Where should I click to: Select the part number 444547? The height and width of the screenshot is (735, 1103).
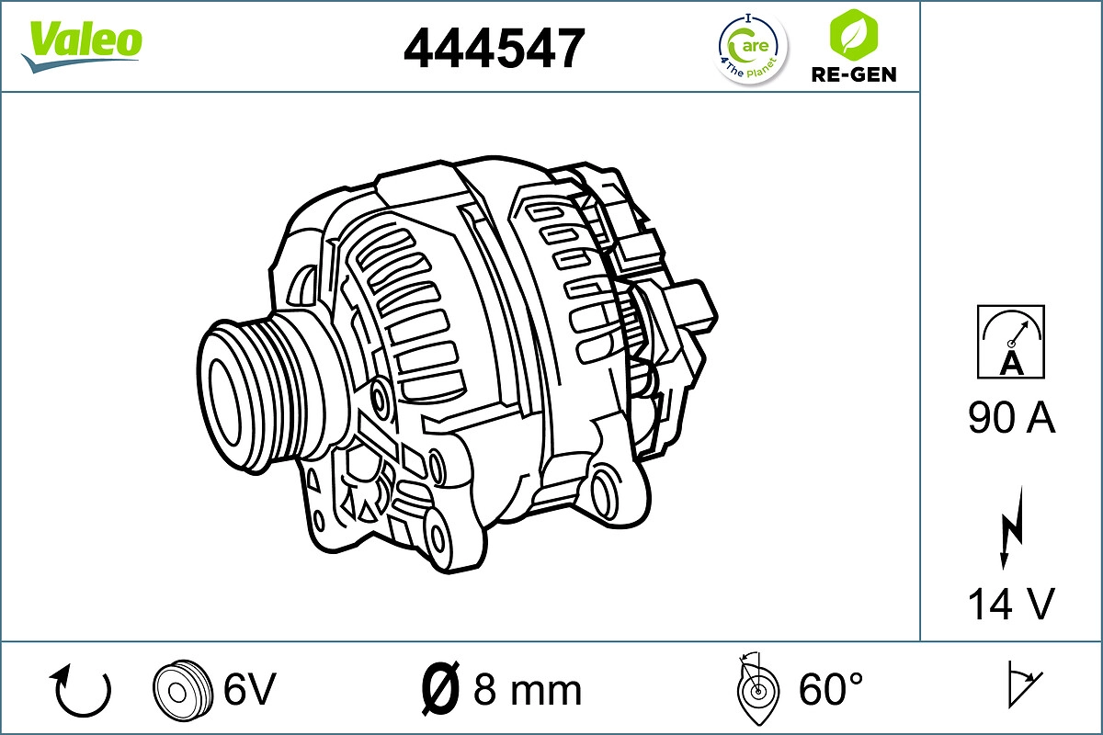click(494, 48)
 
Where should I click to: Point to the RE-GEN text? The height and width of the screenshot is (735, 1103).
click(852, 74)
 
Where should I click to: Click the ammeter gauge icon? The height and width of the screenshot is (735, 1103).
click(1011, 342)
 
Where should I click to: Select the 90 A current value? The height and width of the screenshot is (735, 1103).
click(1011, 419)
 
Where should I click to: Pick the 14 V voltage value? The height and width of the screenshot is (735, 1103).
click(1011, 604)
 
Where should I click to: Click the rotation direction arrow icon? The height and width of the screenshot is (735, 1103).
click(82, 691)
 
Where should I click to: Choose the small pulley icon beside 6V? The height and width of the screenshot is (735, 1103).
click(176, 688)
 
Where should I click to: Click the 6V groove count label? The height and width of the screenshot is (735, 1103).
click(249, 688)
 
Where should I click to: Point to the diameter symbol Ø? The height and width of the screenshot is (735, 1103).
click(439, 688)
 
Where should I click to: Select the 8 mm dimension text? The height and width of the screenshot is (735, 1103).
click(528, 689)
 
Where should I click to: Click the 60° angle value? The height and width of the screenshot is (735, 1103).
click(831, 689)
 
